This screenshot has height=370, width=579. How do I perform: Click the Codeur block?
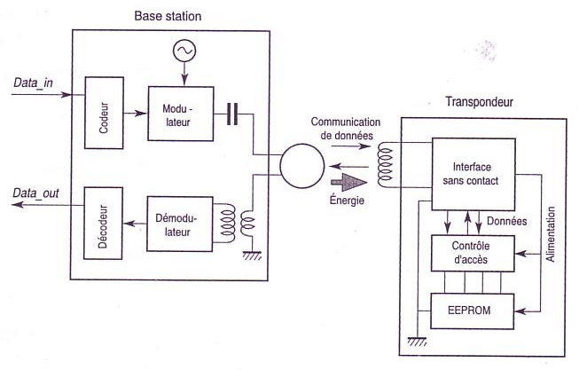pyautogui.click(x=104, y=113)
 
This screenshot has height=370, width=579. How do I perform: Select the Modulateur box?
pyautogui.click(x=181, y=114)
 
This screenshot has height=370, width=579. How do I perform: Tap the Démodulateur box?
pyautogui.click(x=180, y=224)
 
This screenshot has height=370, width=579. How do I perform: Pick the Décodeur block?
pyautogui.click(x=103, y=224)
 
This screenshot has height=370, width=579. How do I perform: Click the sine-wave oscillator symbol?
pyautogui.click(x=184, y=51)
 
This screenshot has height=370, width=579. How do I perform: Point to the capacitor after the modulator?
pyautogui.click(x=232, y=114)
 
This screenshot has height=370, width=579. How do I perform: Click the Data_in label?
pyautogui.click(x=33, y=83)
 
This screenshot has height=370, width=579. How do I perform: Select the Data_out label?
pyautogui.click(x=35, y=193)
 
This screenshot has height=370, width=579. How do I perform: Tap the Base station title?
pyautogui.click(x=168, y=16)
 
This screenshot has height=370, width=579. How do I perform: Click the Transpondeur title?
pyautogui.click(x=480, y=102)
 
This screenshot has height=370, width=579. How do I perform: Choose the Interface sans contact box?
pyautogui.click(x=473, y=175)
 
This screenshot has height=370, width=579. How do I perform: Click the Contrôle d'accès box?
pyautogui.click(x=473, y=253)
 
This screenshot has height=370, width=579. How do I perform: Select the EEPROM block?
pyautogui.click(x=473, y=311)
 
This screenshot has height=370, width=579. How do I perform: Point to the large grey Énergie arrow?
pyautogui.click(x=349, y=182)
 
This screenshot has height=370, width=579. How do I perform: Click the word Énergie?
pyautogui.click(x=347, y=200)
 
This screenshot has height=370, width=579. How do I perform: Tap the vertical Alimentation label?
pyautogui.click(x=551, y=234)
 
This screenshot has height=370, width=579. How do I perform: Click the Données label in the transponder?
pyautogui.click(x=506, y=221)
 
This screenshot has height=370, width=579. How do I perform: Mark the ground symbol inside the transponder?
pyautogui.click(x=417, y=342)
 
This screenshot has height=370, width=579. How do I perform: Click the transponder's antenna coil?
pyautogui.click(x=385, y=166)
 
